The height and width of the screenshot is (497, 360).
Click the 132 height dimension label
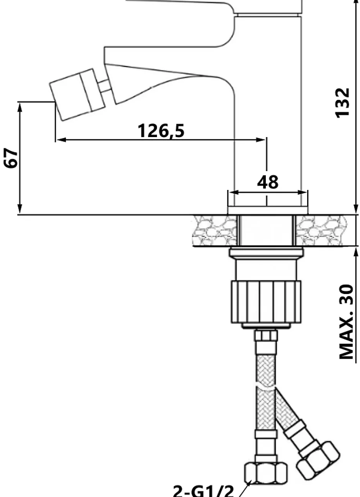point(342,103)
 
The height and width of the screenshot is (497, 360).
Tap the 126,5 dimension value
point(161,131)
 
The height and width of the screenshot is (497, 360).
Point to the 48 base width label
point(268,182)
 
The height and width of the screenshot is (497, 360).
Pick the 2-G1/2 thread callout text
point(203,491)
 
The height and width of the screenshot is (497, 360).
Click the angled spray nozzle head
point(77,95)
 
